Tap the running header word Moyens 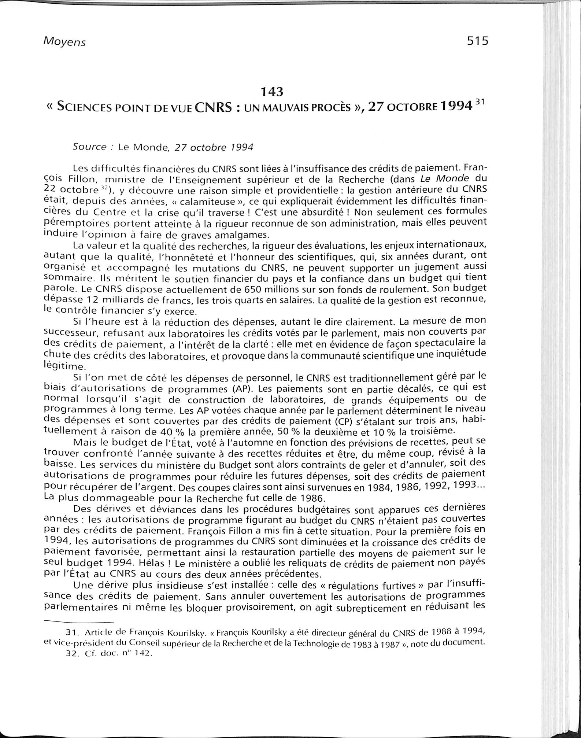(64, 42)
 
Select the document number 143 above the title (271, 91)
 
